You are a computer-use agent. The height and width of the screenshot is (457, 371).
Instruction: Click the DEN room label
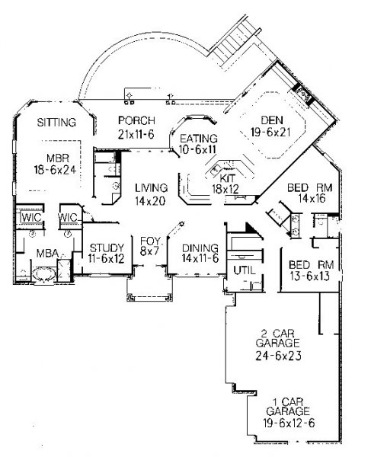(271, 120)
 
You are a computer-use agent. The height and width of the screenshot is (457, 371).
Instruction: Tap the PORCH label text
(136, 120)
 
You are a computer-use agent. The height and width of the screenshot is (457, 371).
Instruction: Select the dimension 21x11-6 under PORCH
(136, 134)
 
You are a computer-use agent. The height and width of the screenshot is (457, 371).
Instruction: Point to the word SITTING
(56, 123)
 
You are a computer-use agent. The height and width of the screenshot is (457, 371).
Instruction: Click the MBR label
(58, 158)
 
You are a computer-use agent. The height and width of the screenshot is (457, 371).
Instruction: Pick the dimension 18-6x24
(55, 170)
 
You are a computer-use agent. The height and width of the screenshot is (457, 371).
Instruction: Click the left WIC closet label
(31, 217)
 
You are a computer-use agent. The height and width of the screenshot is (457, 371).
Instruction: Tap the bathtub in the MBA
(43, 274)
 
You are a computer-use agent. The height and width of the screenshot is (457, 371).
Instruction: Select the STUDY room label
(107, 248)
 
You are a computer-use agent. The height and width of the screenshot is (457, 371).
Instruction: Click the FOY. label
(150, 241)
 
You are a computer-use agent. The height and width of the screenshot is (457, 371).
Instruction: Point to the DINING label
(200, 248)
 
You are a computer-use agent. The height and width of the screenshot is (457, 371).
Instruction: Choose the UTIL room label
(245, 270)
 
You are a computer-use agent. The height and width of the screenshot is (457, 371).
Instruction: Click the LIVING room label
(152, 188)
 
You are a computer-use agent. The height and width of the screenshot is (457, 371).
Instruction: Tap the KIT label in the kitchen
(227, 178)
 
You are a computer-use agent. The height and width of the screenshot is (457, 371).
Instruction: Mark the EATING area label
(199, 139)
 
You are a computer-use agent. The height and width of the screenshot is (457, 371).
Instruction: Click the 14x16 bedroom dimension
(312, 199)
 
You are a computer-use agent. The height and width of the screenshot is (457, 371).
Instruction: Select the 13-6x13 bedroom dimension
(310, 276)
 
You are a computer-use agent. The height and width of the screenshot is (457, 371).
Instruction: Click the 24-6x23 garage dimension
(278, 356)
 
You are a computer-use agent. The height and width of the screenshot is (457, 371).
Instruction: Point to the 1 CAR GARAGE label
(288, 407)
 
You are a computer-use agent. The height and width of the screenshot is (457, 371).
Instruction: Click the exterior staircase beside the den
(234, 41)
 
